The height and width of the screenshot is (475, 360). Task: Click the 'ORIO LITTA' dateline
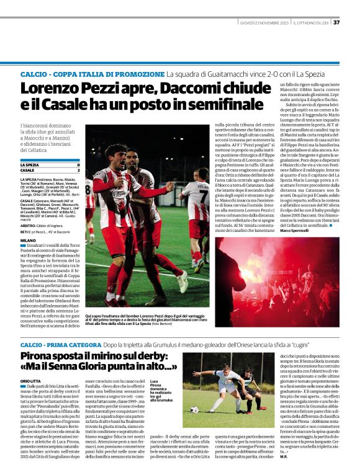(x=30, y=381)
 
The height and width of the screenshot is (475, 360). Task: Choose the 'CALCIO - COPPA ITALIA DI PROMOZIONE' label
(x=92, y=74)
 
